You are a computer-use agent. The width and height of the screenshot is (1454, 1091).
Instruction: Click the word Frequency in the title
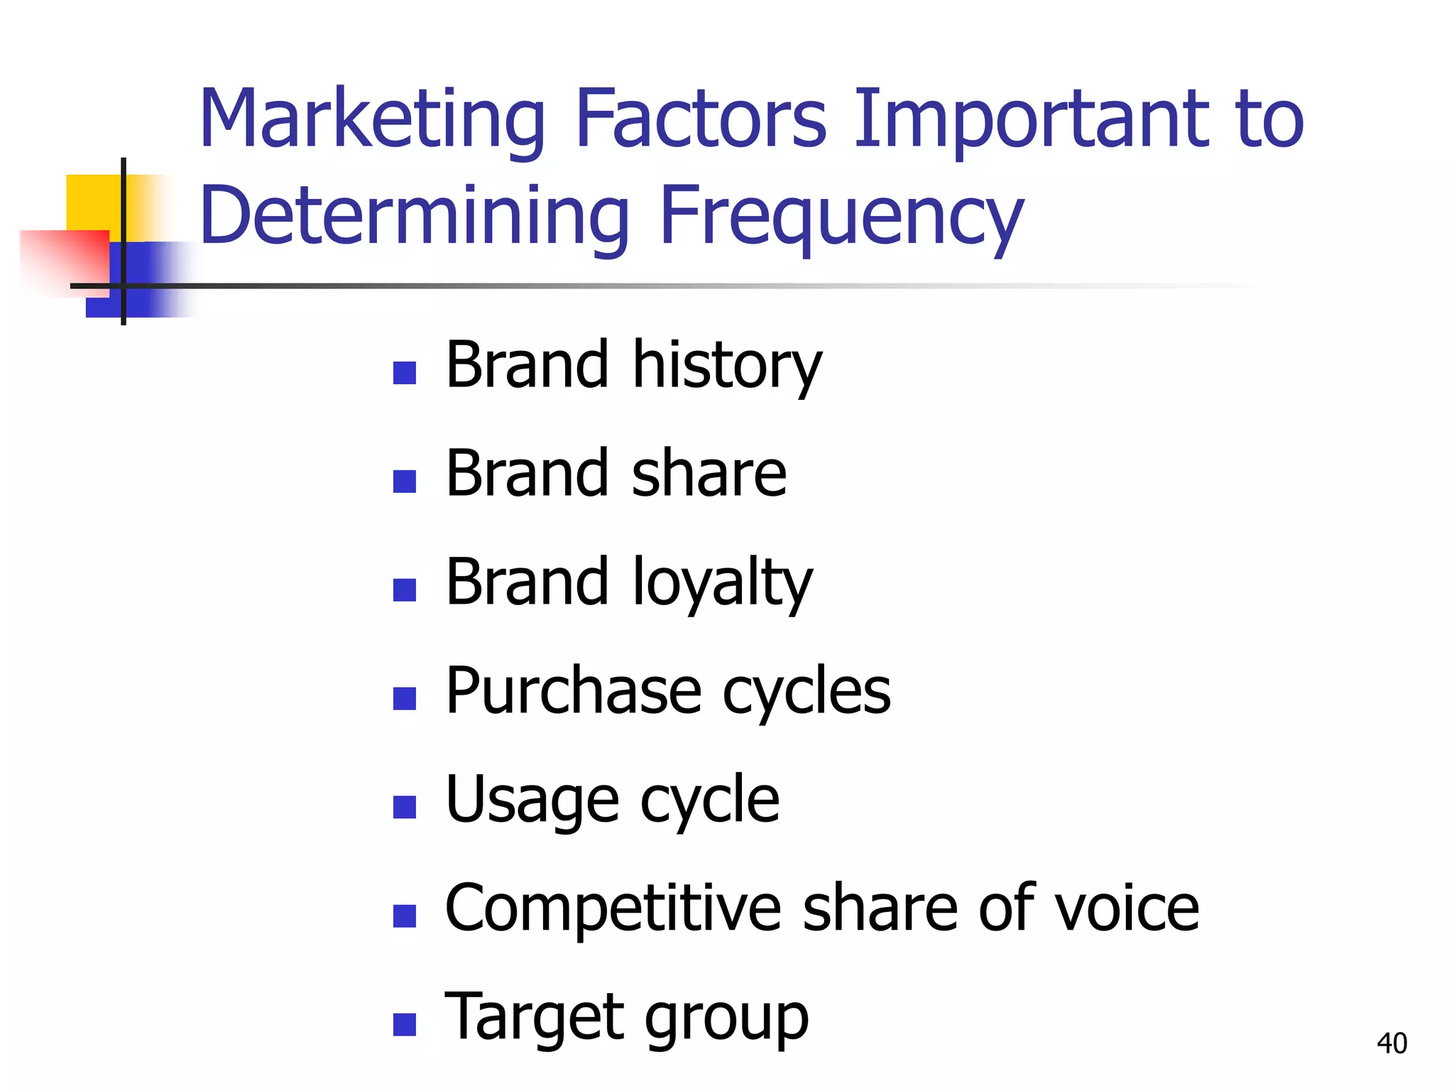pos(842,216)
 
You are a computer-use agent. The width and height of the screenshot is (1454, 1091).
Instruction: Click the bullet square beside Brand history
pos(404,373)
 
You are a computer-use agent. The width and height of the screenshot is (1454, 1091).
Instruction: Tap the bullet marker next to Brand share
pos(404,482)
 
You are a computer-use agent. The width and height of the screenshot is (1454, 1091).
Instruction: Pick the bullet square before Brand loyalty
pos(404,590)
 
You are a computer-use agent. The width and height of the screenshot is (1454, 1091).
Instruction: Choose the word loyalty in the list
pos(721,584)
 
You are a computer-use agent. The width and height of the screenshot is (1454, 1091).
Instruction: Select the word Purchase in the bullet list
pos(574,692)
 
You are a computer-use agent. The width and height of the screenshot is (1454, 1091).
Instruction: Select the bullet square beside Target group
pos(404,1025)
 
